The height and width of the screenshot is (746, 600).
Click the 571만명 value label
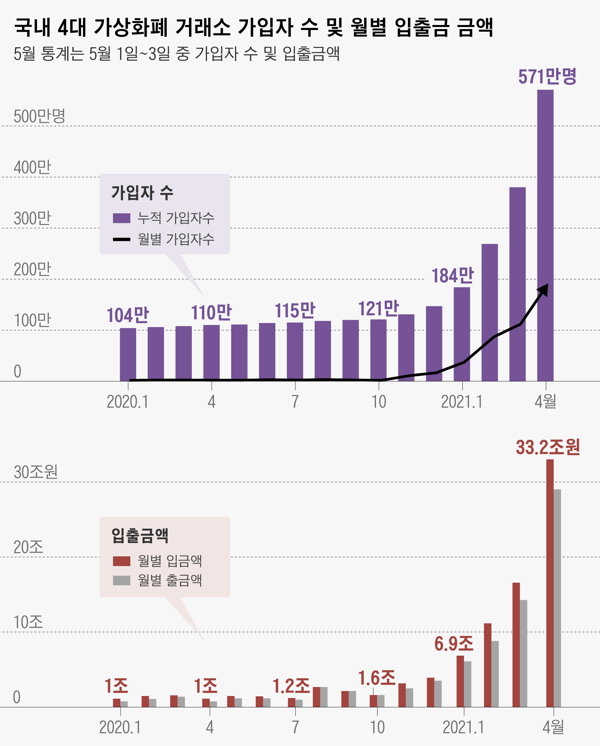547,77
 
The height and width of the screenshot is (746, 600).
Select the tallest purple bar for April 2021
545,235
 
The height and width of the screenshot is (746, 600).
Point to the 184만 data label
452,276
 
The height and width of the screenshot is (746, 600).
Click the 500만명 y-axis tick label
39,116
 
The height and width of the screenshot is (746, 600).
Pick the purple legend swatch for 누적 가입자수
121,218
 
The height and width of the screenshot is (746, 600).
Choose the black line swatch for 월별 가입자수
121,239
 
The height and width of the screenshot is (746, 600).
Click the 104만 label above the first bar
127,315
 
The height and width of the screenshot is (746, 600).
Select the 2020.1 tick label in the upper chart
127,402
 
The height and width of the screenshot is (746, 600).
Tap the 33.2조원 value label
547,447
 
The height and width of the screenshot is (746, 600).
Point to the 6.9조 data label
454,644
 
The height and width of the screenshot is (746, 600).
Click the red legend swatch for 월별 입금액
121,561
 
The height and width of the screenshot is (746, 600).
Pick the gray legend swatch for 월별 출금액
121,580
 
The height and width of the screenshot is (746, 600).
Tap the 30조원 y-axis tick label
35,472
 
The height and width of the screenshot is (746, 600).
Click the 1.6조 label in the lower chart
376,678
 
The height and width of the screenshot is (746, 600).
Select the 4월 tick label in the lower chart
553,727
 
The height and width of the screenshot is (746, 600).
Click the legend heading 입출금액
139,536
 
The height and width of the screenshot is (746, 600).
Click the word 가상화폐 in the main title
130,27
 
